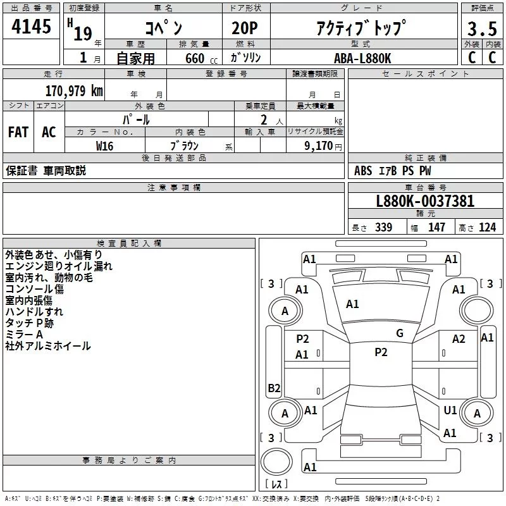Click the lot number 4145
pos(32,28)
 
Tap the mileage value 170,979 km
pos(74,90)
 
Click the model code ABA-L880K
pos(362,57)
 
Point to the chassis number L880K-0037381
pos(425,202)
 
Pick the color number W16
pos(105,145)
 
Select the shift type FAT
pos(18,132)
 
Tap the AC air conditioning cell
pos(49,132)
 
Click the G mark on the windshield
pos(400,333)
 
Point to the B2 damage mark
pos(274,388)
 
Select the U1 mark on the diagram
pos(450,410)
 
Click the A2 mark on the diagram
pos(459,339)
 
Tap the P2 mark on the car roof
pos(381,352)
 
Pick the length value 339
pos(383,228)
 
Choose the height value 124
pos(487,228)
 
